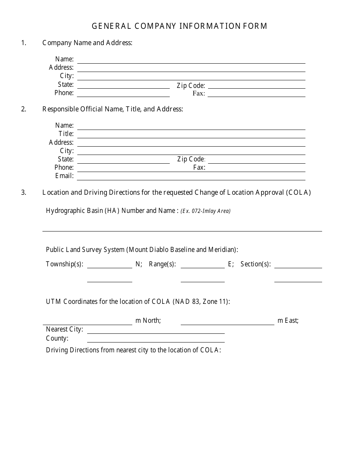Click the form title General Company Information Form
(180, 26)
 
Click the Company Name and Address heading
(87, 43)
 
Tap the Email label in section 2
(64, 176)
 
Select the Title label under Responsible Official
(66, 134)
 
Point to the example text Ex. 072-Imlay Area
(205, 211)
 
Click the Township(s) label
(64, 264)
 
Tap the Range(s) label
(162, 264)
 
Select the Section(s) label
(255, 264)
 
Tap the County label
(57, 338)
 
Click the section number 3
(24, 192)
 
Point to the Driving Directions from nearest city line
(133, 350)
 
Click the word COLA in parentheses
(299, 192)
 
